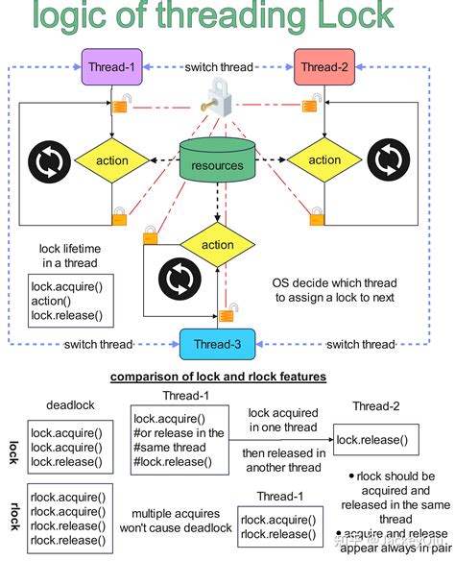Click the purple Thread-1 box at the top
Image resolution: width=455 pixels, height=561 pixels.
pyautogui.click(x=112, y=67)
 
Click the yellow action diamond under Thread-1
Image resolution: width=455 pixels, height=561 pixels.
pyautogui.click(x=112, y=160)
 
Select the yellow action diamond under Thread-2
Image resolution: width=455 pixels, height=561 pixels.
pyautogui.click(x=324, y=160)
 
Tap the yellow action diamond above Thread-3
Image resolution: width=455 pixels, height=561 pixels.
pyautogui.click(x=218, y=245)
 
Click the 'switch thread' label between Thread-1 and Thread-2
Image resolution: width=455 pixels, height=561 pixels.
pyautogui.click(x=219, y=67)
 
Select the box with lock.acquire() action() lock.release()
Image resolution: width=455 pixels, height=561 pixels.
pyautogui.click(x=67, y=301)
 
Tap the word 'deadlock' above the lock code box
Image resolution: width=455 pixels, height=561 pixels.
pyautogui.click(x=67, y=405)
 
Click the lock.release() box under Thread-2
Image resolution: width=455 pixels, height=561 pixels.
pyautogui.click(x=372, y=439)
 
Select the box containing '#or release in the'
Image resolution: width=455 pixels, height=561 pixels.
pyautogui.click(x=180, y=439)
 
